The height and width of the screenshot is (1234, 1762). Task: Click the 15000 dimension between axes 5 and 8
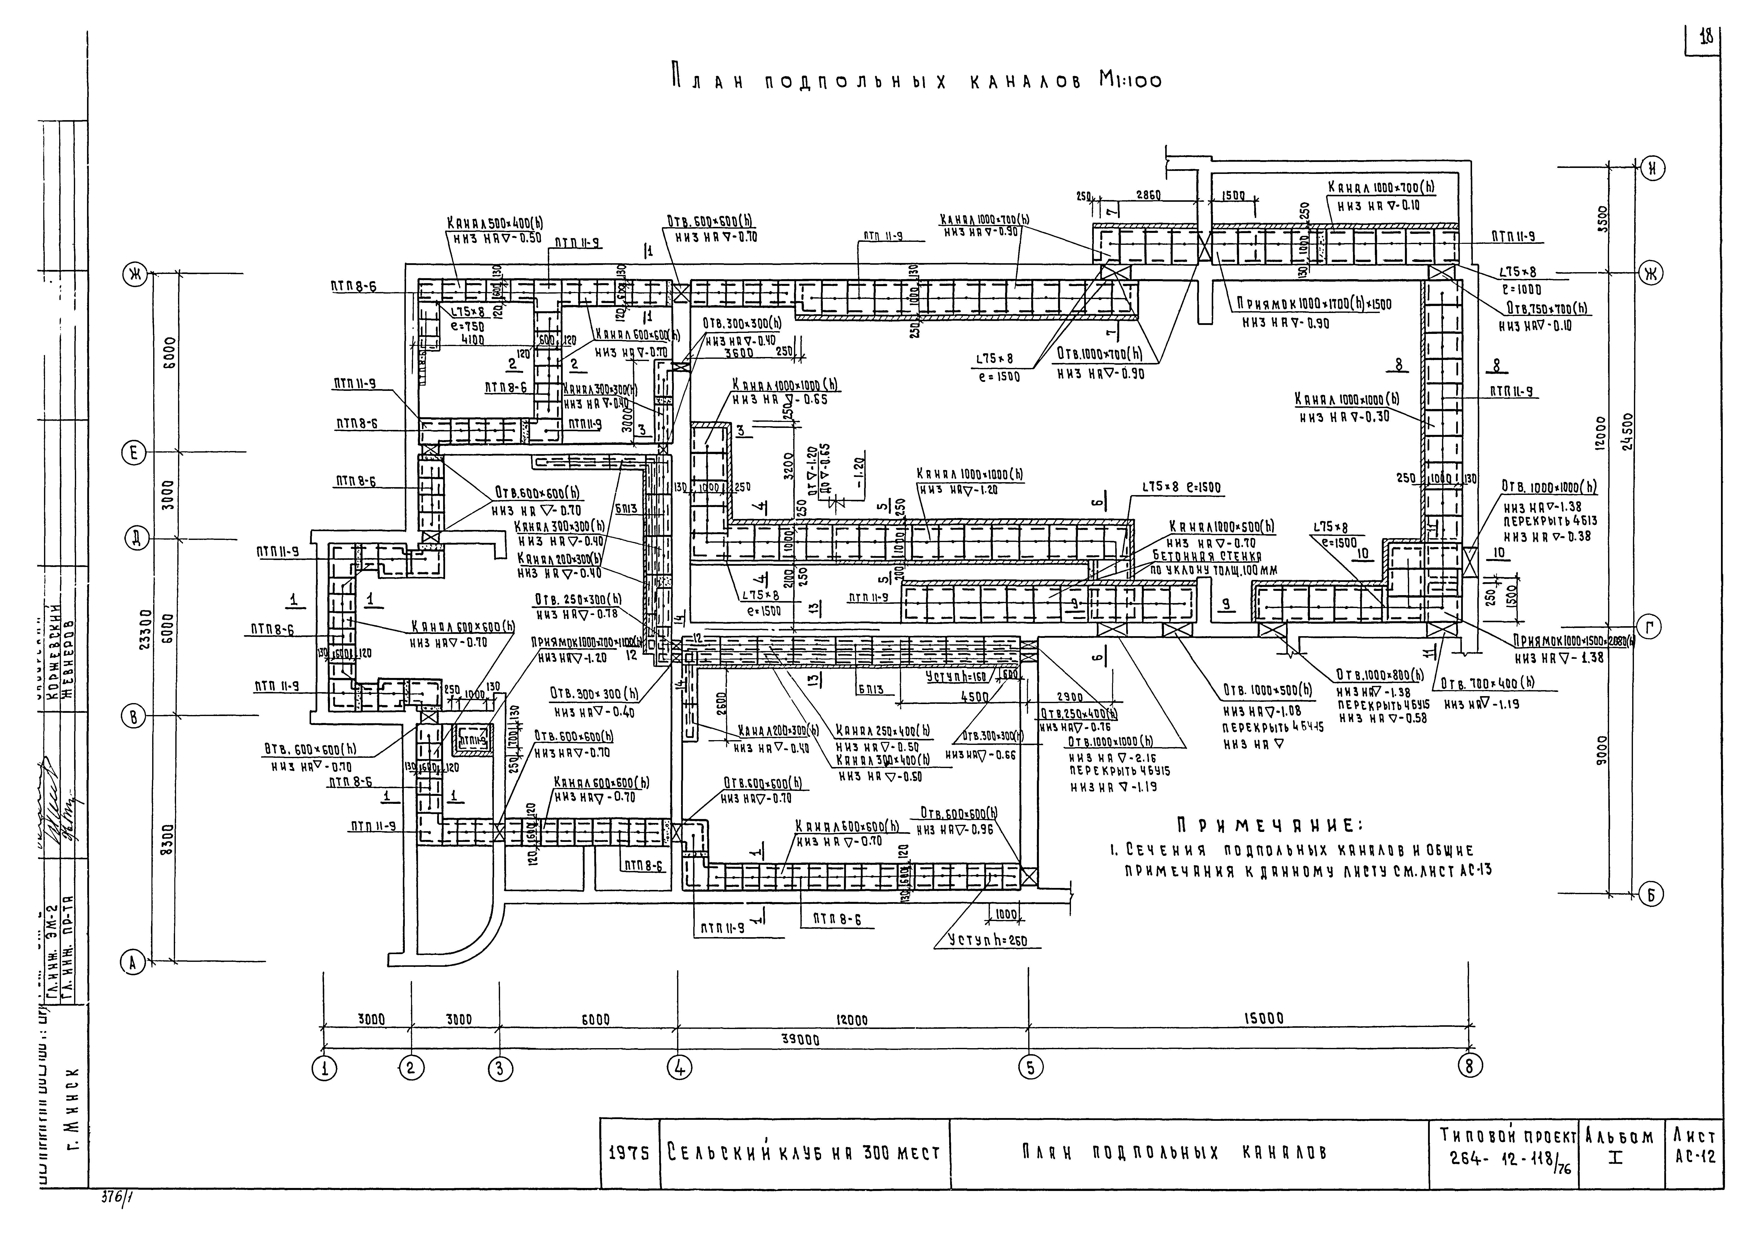[x=1262, y=1019]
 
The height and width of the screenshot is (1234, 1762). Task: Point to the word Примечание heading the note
[x=1270, y=825]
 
